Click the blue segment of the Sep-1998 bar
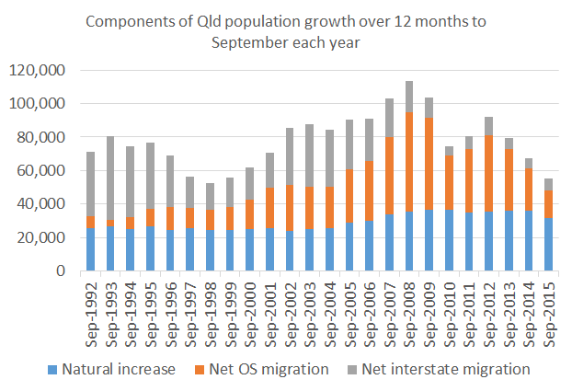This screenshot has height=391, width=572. click(x=210, y=249)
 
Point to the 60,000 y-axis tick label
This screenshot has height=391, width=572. click(x=39, y=170)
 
